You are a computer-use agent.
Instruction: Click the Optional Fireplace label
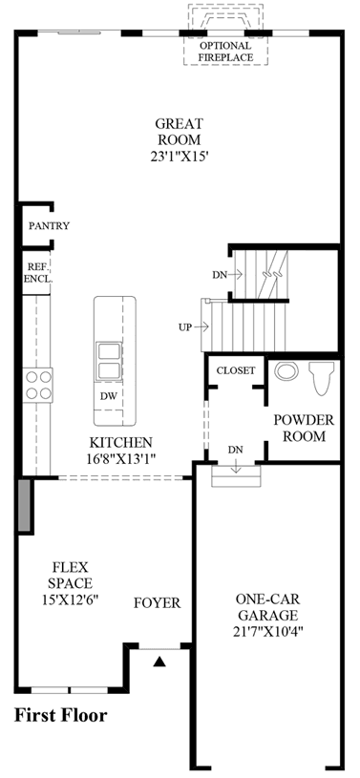click(x=225, y=52)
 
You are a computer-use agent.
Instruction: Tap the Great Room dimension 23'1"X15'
click(x=179, y=157)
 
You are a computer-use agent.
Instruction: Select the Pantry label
click(x=49, y=226)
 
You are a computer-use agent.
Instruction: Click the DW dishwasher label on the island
click(x=108, y=396)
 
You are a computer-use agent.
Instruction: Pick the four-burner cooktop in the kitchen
click(x=38, y=385)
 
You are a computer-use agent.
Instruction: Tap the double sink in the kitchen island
click(x=108, y=361)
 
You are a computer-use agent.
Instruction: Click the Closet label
click(x=236, y=370)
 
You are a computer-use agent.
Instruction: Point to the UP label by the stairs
click(x=185, y=327)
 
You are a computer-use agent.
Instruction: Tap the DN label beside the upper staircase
click(x=220, y=274)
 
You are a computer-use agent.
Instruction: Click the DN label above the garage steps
click(x=236, y=450)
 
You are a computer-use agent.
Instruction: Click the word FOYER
click(x=157, y=603)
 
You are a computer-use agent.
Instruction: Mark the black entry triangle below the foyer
click(x=159, y=661)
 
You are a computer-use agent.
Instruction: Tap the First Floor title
click(x=60, y=716)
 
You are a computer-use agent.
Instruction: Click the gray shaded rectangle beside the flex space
click(x=24, y=505)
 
